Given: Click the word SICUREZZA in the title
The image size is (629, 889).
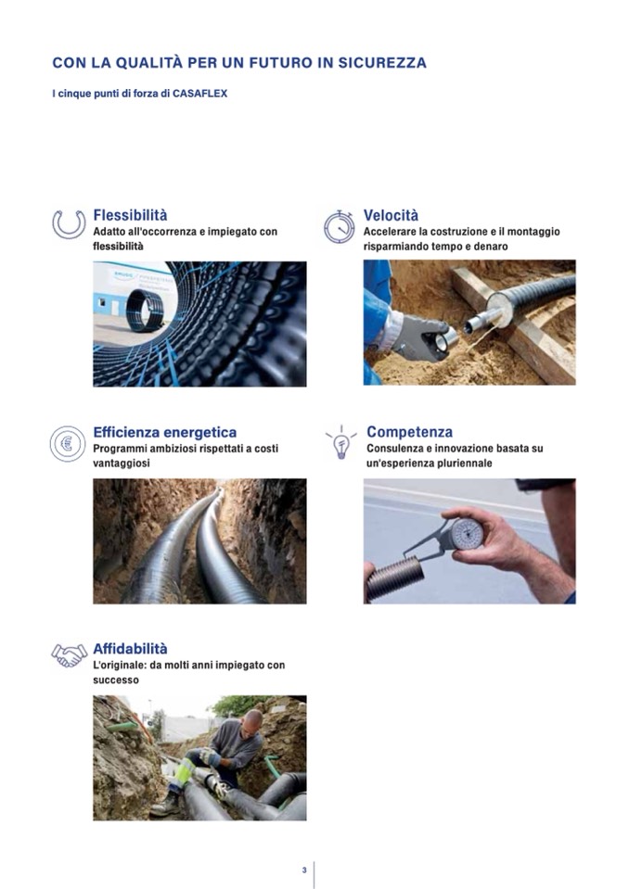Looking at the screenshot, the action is (382, 63).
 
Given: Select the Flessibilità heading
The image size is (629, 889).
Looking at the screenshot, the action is (131, 215).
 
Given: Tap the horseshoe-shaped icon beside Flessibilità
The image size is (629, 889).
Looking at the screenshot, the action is (69, 224).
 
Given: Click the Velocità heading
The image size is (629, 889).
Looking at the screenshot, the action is (391, 215).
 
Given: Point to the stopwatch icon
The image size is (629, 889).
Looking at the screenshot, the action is (340, 227).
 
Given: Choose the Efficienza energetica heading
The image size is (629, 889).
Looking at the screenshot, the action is (165, 433).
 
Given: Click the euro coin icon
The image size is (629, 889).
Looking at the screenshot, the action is (68, 443).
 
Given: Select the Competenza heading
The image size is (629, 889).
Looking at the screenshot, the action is (409, 432).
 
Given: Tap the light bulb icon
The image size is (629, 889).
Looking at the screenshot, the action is (340, 443).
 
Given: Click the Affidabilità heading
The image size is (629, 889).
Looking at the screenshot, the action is (131, 649).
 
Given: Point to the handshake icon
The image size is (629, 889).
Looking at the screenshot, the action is (70, 655).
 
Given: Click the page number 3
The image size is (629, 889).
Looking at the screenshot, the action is (304, 870).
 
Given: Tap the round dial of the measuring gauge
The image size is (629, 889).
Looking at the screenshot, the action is (467, 534).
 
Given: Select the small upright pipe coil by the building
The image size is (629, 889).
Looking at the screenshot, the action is (146, 311).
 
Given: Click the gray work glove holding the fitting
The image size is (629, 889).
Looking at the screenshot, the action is (418, 337).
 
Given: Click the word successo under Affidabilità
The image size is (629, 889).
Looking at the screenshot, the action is (116, 680).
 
